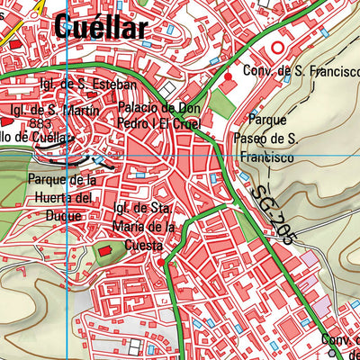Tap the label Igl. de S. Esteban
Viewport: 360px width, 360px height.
point(87,85)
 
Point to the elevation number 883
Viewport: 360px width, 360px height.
point(40,124)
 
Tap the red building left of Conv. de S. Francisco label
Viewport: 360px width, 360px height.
point(227,78)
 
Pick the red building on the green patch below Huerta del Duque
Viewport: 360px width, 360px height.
point(103,249)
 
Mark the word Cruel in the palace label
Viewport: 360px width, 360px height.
point(185,123)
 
